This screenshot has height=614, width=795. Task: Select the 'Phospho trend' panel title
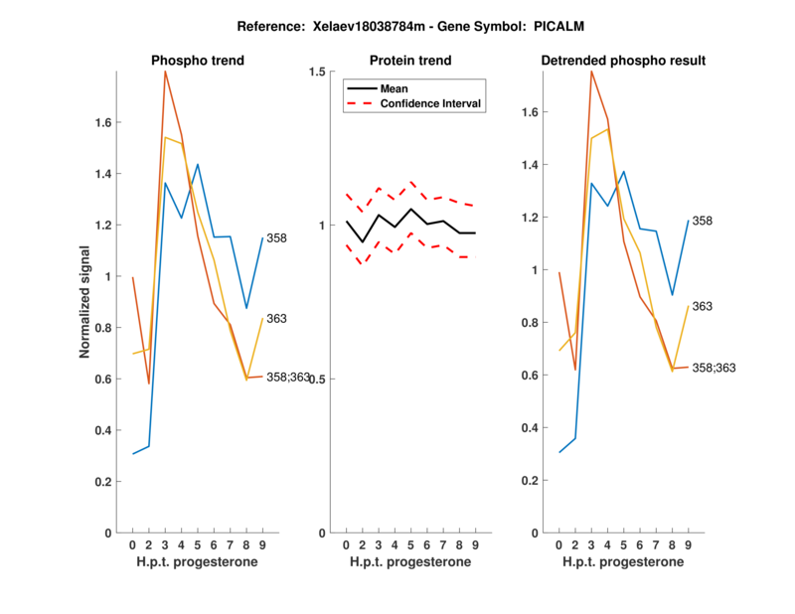coord(198,61)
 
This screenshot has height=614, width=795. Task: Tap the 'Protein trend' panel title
coord(411,61)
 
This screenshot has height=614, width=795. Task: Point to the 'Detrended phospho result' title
coord(623,61)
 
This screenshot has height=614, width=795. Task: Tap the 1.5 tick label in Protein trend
coord(318,72)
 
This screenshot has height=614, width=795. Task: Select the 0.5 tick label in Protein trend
coord(318,380)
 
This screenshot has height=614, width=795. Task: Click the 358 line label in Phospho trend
coord(277,237)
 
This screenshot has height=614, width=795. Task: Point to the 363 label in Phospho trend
coord(277,319)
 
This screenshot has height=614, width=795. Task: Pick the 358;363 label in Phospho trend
coord(288,378)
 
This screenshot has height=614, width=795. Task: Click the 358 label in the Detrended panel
coord(703,221)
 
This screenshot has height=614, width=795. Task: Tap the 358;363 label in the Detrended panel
coord(714,368)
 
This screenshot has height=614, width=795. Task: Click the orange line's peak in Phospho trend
coord(165,72)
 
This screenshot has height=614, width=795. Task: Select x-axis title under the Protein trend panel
coord(410,562)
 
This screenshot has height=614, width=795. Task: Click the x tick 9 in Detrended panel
coord(688,545)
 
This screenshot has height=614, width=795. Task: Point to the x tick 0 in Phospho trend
coord(133,545)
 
